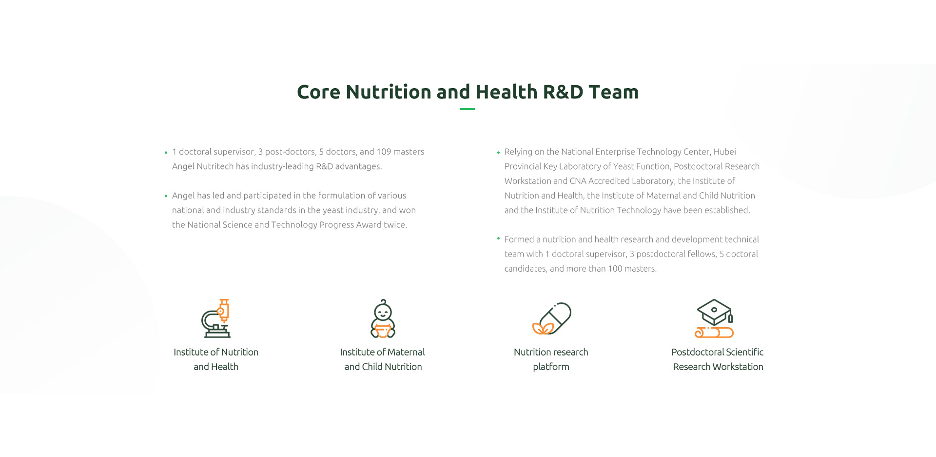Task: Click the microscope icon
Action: click(216, 318)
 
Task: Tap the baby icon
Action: click(383, 318)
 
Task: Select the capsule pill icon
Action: click(551, 318)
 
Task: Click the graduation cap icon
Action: click(714, 318)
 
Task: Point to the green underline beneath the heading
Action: click(468, 109)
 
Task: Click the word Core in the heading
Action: click(318, 92)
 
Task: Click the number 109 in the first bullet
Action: click(384, 152)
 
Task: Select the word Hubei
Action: click(725, 152)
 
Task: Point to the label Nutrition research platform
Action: click(551, 359)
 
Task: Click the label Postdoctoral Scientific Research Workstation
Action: click(718, 359)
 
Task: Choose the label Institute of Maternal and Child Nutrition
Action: click(383, 359)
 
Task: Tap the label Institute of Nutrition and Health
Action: click(216, 359)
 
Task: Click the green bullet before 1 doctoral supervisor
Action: click(166, 153)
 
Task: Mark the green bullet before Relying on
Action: click(498, 153)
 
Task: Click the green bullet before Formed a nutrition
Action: click(498, 238)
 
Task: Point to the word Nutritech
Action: click(215, 166)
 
